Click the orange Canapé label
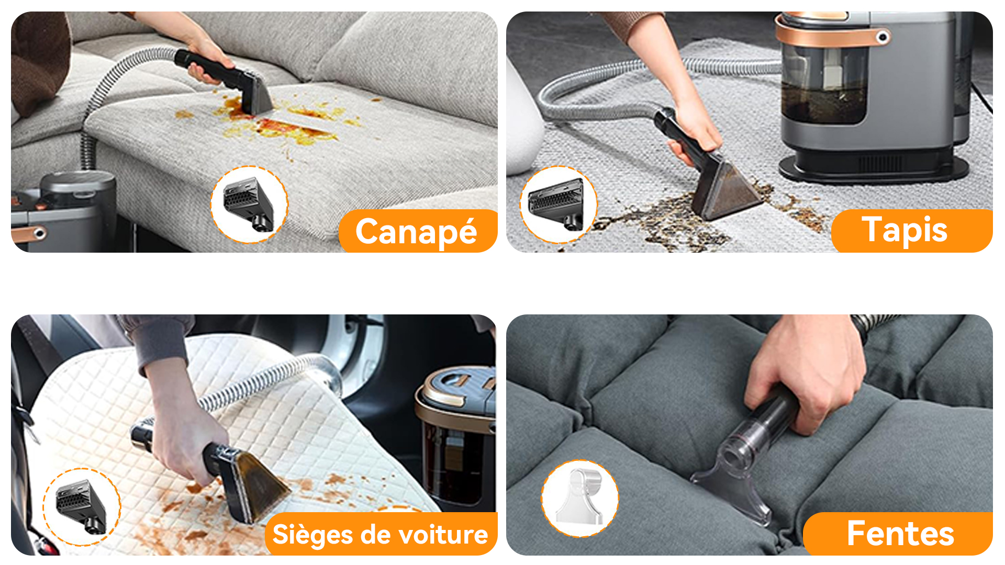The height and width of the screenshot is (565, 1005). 418,231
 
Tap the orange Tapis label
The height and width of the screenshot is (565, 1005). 911,231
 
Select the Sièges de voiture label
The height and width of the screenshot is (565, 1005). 381,534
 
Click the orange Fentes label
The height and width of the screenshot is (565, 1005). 898,534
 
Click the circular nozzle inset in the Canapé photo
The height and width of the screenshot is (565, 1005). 249,205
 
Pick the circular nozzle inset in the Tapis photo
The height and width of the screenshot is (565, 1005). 559,205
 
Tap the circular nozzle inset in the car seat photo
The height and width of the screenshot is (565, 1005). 82,507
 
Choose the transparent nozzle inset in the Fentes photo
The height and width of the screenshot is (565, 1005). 580,499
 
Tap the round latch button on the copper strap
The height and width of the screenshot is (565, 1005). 883,37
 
